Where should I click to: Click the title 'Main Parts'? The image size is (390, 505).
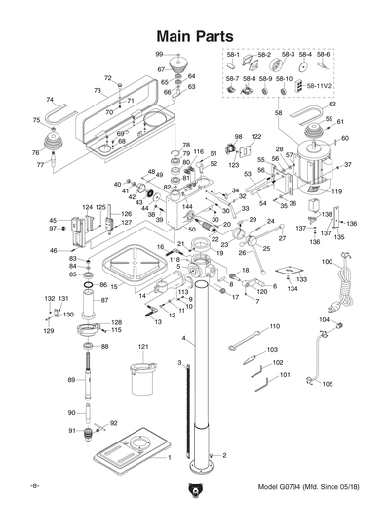195,35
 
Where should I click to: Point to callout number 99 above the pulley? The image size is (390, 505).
159,53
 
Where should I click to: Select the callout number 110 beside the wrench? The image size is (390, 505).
274,326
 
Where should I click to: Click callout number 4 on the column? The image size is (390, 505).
182,338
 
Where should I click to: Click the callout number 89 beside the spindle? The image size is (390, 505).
70,379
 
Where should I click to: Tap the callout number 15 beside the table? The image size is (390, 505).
113,287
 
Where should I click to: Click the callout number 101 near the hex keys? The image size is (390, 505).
285,374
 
